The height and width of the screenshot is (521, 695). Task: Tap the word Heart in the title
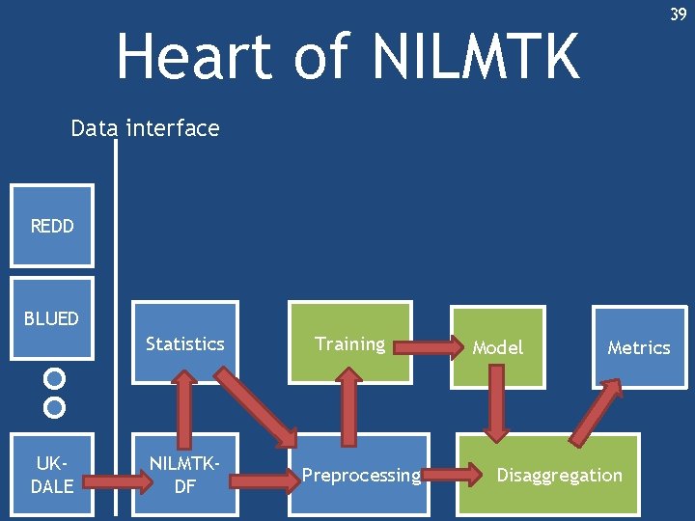tap(190, 56)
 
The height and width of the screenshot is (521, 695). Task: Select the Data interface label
tap(145, 128)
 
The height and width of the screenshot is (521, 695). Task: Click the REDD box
tap(51, 226)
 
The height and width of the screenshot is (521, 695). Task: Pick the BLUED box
tap(51, 318)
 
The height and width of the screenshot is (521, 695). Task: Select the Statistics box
tap(184, 344)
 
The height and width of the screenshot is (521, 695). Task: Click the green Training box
tap(349, 344)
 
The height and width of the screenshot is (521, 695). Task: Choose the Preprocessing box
tap(361, 476)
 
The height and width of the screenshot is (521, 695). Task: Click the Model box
tap(497, 347)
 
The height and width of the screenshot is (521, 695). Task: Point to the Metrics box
tap(638, 347)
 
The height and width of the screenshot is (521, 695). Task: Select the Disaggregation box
tap(560, 476)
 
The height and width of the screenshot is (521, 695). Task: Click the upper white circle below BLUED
tap(55, 377)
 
